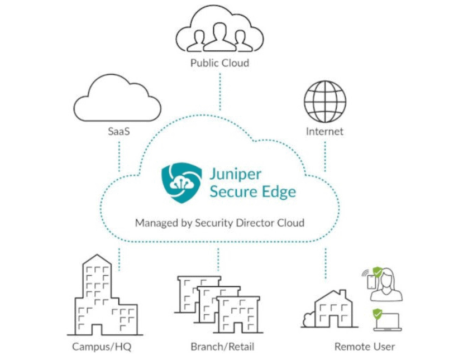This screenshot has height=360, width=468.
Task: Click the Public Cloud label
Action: click(219, 63)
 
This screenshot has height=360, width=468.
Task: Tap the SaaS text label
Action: click(119, 131)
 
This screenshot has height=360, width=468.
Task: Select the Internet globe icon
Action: click(324, 102)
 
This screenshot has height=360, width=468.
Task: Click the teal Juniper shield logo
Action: click(182, 183)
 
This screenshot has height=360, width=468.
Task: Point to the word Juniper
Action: click(236, 175)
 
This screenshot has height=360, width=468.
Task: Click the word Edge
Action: click(279, 192)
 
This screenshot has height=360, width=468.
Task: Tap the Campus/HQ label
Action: click(102, 347)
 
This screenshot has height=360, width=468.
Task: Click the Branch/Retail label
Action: click(222, 347)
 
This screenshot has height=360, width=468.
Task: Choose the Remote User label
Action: click(365, 347)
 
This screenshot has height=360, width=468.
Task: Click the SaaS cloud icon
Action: click(117, 98)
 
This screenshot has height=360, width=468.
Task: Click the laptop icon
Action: click(388, 322)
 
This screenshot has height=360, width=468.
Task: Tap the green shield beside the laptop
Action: click(378, 314)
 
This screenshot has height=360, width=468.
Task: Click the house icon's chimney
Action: click(343, 293)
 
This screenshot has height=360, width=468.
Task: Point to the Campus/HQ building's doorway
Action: click(97, 329)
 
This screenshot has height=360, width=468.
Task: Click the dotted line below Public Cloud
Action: click(220, 92)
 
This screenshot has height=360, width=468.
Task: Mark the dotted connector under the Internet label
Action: click(325, 157)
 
